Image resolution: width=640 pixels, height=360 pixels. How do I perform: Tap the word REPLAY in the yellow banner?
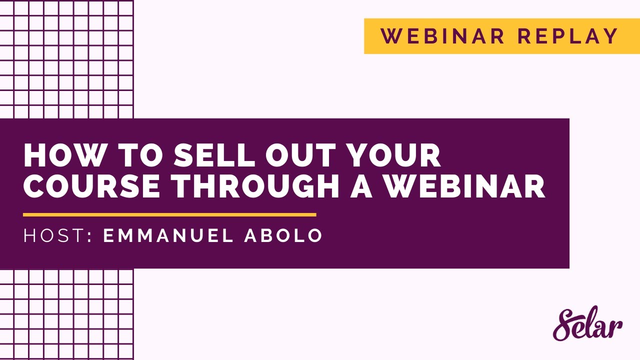568,36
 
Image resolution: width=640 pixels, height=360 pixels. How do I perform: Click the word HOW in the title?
56,155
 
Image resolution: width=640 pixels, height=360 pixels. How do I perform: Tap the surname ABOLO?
283,236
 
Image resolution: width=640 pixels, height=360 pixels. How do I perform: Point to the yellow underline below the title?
169,215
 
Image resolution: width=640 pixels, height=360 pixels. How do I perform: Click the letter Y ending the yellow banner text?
611,36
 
